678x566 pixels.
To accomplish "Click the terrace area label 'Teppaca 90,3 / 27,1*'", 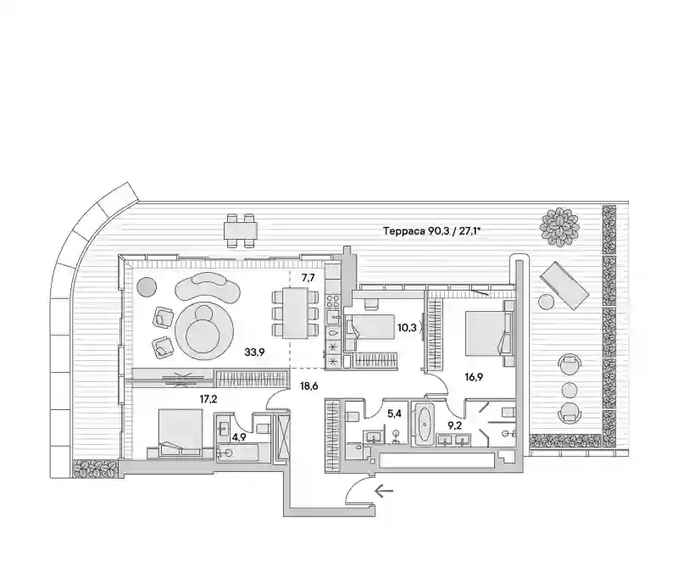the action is (x=432, y=231).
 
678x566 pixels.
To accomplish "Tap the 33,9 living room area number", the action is (x=254, y=352).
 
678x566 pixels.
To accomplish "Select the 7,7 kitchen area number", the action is (x=308, y=278).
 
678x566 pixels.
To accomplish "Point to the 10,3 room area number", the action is (x=407, y=328).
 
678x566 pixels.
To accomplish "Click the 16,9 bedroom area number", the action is (x=474, y=377).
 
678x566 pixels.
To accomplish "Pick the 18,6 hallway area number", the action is (x=308, y=386).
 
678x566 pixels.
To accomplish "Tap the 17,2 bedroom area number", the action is (x=208, y=399).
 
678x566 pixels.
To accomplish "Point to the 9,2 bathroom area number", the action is (x=455, y=426).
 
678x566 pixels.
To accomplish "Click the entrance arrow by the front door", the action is (x=384, y=491).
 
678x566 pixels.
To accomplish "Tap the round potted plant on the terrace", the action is (x=559, y=227).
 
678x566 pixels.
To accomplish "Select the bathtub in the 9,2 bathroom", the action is (x=422, y=424).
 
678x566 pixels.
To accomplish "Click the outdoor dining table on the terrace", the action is (x=241, y=230).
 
